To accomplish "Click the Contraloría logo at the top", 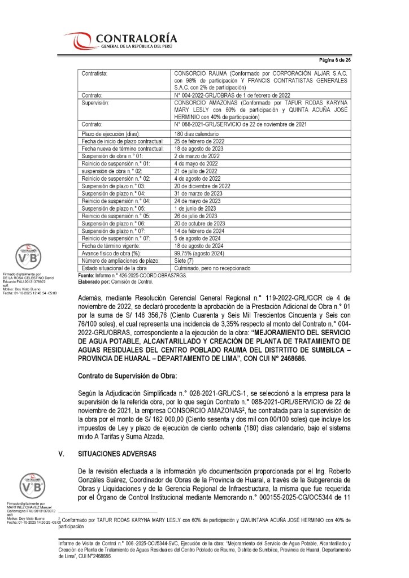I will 121,40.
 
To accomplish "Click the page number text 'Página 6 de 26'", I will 336,59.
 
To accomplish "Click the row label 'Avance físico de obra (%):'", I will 114,253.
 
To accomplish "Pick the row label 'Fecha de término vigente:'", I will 114,245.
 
